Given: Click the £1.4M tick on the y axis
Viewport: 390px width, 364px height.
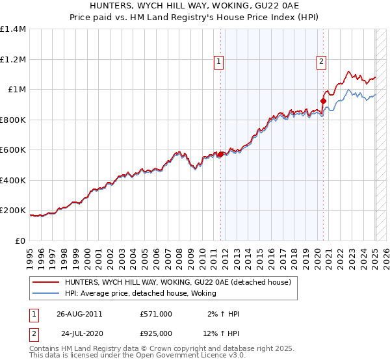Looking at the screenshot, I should (13, 29).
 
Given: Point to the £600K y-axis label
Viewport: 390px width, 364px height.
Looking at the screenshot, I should (13, 150).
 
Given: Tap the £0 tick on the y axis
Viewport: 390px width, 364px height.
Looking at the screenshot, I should (20, 240).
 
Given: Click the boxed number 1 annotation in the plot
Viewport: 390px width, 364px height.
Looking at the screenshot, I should (218, 62).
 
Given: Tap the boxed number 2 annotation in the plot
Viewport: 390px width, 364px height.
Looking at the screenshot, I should (322, 62).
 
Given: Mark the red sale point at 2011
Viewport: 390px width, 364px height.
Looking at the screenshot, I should (221, 154).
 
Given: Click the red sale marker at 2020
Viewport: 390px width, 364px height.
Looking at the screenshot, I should (323, 101).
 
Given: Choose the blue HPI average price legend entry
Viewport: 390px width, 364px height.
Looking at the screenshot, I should (140, 293).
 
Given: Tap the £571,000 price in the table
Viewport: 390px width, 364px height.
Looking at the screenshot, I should (155, 314).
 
